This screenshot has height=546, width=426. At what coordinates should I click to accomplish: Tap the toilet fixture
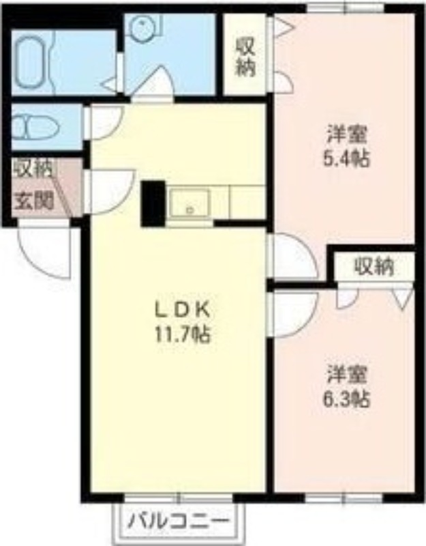click(35, 126)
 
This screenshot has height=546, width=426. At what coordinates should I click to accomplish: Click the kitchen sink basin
click(189, 203)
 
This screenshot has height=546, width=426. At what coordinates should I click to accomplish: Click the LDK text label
click(183, 310)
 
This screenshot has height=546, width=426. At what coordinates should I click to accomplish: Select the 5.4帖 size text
click(346, 159)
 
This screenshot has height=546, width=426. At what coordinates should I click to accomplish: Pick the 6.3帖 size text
click(346, 399)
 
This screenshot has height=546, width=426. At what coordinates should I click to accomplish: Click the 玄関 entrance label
click(33, 201)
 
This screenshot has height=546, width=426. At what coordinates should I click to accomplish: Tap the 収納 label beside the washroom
click(246, 57)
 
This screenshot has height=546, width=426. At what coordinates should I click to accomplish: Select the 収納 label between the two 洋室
click(374, 267)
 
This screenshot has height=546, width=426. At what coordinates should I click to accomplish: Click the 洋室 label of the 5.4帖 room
click(346, 134)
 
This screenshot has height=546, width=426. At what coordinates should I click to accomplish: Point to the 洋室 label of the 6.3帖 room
click(346, 375)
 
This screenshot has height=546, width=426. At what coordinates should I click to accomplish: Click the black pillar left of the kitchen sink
click(153, 203)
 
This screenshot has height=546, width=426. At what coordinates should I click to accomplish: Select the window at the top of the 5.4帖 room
click(346, 8)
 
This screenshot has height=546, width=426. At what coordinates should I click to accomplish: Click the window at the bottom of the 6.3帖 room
click(344, 498)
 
